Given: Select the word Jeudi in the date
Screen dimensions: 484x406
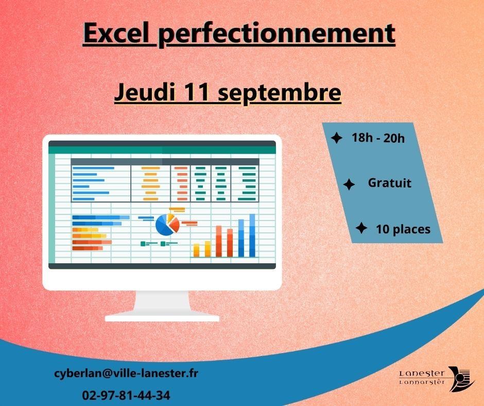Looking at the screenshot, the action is [x=145, y=92].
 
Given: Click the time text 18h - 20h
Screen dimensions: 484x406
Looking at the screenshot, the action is [x=378, y=138].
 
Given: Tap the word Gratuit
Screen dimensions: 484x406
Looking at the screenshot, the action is [x=390, y=183].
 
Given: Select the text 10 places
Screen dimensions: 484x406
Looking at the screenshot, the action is [x=403, y=229].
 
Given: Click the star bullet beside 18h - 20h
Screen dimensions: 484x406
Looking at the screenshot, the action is [x=336, y=138].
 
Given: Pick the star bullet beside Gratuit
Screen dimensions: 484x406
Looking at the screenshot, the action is [x=349, y=184].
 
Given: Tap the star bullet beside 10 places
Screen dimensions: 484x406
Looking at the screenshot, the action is [x=361, y=228].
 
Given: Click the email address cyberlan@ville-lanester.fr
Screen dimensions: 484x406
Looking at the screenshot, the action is [x=126, y=374].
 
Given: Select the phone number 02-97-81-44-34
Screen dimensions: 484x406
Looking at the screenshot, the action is [x=126, y=395].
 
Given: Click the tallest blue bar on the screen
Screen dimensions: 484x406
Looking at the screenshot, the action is [x=252, y=235].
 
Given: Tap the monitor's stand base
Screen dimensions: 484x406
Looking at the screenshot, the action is [x=162, y=317].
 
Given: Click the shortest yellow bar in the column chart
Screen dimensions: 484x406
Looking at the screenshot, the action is [x=196, y=250].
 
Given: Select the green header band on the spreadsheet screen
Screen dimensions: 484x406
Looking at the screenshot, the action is [x=162, y=150].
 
